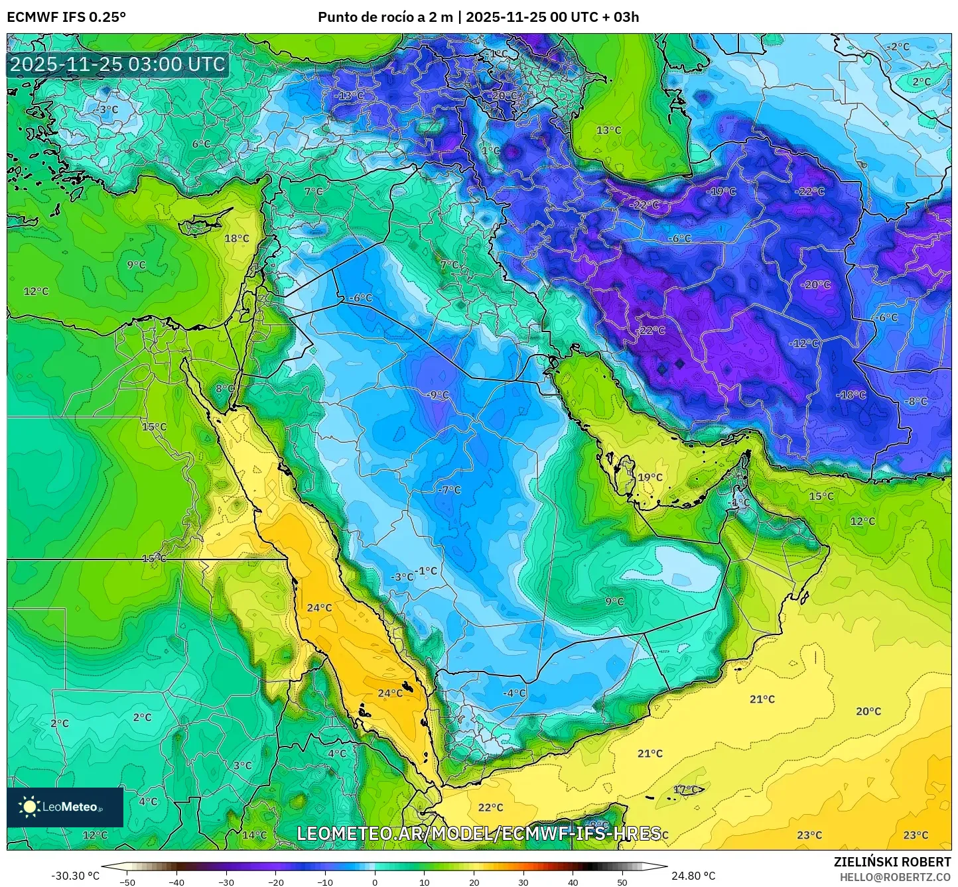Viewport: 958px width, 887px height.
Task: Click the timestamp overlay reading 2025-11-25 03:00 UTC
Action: [117, 64]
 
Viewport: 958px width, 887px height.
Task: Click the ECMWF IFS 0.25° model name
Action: [66, 17]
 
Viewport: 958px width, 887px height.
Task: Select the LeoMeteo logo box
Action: [65, 807]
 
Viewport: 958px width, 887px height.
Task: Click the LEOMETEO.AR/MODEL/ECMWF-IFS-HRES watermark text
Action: [478, 833]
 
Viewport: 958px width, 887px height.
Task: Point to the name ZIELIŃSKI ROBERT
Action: [892, 862]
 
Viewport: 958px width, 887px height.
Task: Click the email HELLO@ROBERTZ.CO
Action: [895, 876]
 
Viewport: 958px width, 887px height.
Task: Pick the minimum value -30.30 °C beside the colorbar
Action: [75, 876]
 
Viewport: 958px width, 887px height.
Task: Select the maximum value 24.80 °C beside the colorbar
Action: [693, 876]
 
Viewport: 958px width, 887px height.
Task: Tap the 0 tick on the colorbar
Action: [375, 882]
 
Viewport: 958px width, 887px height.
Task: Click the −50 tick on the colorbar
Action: [127, 882]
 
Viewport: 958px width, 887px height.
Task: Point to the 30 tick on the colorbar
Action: [523, 882]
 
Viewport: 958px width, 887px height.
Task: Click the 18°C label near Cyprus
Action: [237, 239]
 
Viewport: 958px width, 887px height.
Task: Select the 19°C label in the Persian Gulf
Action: [650, 477]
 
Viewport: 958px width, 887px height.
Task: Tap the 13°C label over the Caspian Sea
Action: [608, 130]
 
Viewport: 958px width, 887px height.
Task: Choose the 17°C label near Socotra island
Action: [686, 790]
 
